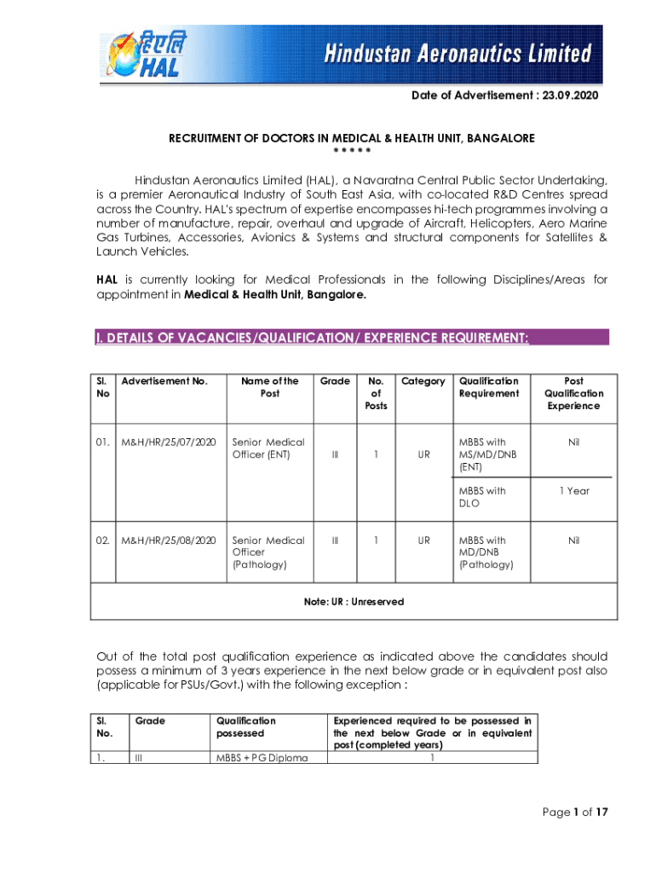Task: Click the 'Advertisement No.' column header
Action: coord(164,381)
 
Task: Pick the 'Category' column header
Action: coord(423,381)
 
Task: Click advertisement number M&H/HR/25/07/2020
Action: coord(169,442)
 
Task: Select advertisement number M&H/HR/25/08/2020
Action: coord(169,541)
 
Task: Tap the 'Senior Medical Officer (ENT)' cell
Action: coord(268,448)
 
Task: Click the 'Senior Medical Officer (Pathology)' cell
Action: coord(268,552)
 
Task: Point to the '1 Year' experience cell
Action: coord(573,491)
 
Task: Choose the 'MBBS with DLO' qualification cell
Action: coord(482,497)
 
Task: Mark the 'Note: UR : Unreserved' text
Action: coord(354,602)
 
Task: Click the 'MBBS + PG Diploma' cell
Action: coord(262,758)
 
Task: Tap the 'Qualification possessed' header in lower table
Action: coord(248,726)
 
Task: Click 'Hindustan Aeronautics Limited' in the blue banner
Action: coord(457,55)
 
